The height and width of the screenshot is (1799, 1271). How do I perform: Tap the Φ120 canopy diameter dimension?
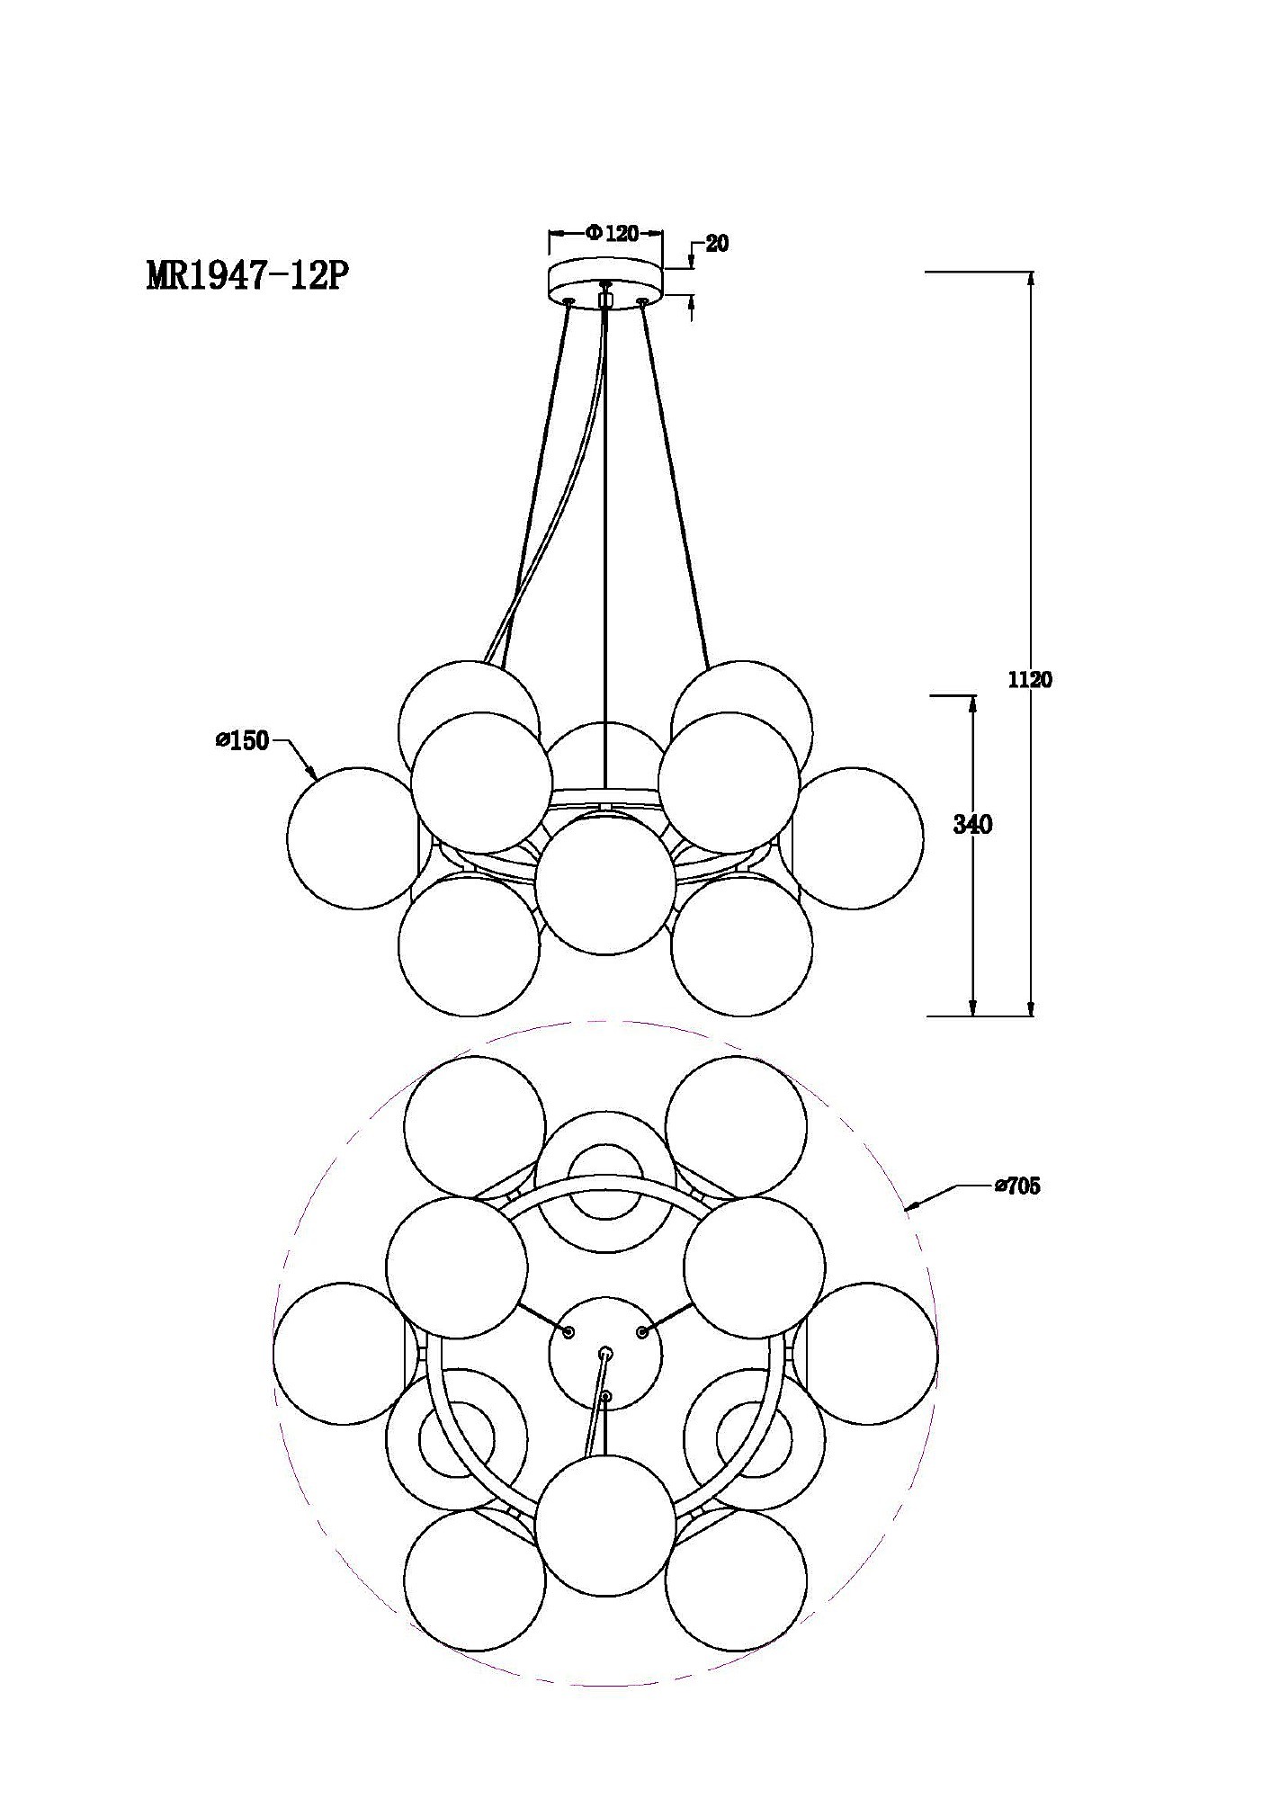click(x=612, y=234)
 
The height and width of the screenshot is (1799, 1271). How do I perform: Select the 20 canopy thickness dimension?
click(x=717, y=243)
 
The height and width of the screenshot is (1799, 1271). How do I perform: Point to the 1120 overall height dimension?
click(x=1029, y=680)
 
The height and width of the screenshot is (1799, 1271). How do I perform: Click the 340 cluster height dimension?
click(x=972, y=825)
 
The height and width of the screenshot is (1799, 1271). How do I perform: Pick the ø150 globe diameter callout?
click(x=242, y=741)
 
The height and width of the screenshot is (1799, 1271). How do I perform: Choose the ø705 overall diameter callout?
click(x=1016, y=1186)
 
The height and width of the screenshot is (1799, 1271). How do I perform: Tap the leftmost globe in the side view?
click(x=357, y=837)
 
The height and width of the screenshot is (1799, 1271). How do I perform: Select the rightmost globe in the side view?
click(x=853, y=837)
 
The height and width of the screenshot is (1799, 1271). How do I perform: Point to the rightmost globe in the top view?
click(x=866, y=1354)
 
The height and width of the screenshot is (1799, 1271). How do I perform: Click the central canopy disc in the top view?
click(x=605, y=1354)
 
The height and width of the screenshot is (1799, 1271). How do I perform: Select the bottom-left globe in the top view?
click(x=475, y=1580)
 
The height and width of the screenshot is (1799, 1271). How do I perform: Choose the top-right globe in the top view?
click(x=737, y=1127)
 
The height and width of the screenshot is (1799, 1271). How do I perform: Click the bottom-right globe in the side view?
click(x=742, y=945)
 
